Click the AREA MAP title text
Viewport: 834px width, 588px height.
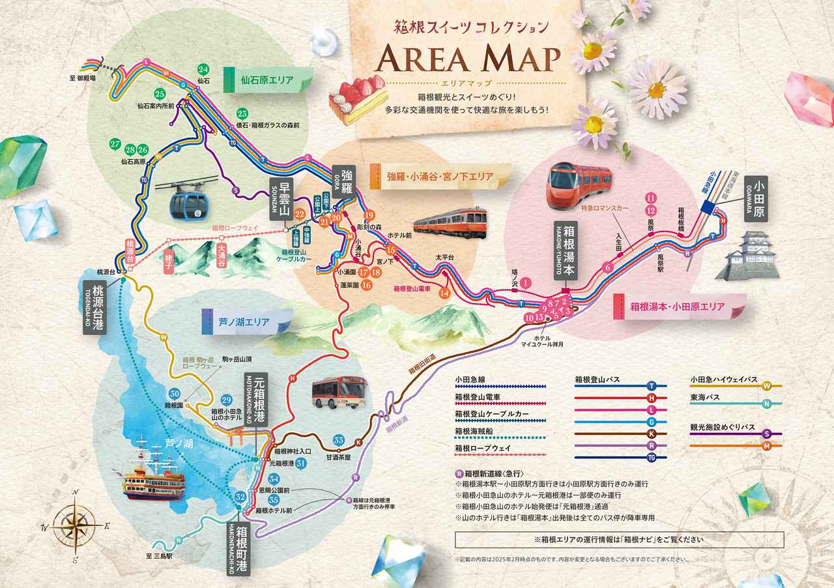[x=468, y=59]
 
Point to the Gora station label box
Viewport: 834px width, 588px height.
[x=345, y=180]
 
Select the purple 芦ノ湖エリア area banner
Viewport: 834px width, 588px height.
[x=244, y=321]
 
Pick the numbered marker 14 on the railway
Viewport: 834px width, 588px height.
[x=444, y=293]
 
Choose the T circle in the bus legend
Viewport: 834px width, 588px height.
[x=651, y=386]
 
